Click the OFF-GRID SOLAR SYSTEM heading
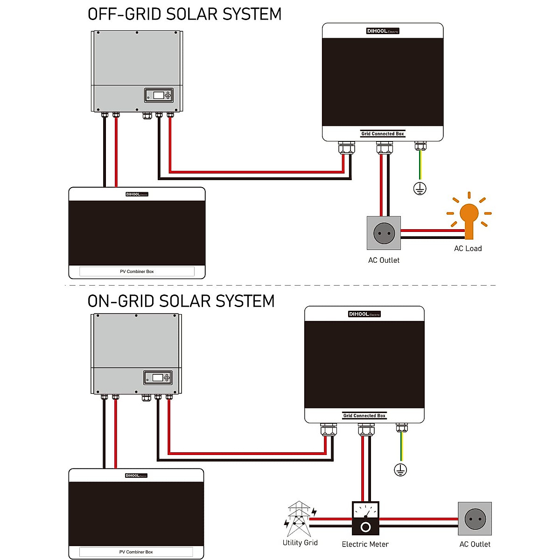point(184,14)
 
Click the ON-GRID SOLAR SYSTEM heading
point(181,301)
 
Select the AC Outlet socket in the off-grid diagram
point(384,232)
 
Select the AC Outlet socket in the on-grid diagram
point(475,518)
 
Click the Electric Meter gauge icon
point(365,518)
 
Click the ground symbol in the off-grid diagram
point(420,189)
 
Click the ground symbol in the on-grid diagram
point(400,470)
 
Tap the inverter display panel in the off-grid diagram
point(159,95)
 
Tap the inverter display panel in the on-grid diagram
point(158,378)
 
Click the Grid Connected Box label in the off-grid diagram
point(383,134)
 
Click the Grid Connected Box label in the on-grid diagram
point(364,416)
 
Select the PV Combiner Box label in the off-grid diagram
point(137,272)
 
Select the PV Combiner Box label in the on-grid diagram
point(136,552)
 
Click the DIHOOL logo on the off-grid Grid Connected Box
point(383,31)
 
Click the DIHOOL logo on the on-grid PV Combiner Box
point(136,476)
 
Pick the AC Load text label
point(468,249)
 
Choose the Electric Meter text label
point(365,544)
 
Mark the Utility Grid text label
point(300,543)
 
